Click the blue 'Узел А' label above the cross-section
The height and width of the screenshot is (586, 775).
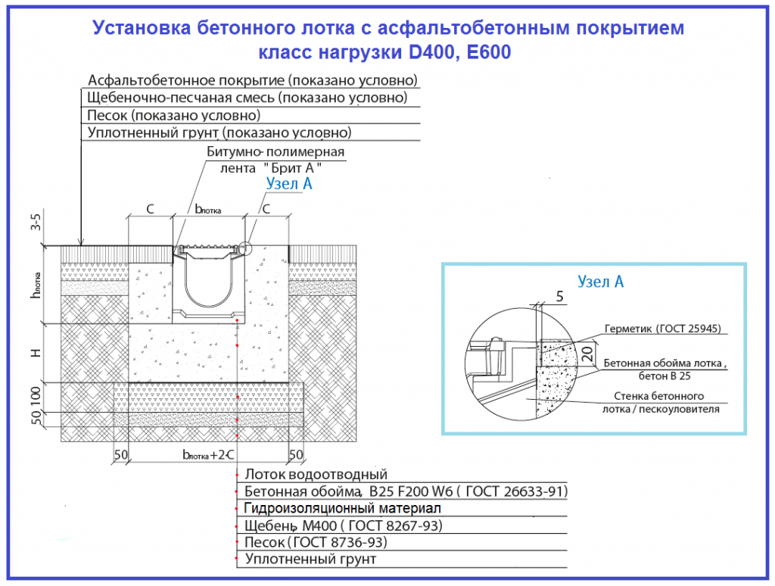coord(289,183)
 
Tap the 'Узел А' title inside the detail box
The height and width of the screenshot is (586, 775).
coord(600,282)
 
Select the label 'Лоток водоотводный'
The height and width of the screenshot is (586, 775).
coord(316,475)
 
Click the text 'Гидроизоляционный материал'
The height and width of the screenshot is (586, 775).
coord(342,508)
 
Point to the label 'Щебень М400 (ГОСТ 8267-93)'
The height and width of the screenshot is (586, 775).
coord(344,525)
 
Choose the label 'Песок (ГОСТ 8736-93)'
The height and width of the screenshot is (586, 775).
coord(316,542)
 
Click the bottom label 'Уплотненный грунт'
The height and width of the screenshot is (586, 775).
coord(310,560)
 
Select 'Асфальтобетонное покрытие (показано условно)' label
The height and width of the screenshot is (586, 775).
coord(253,80)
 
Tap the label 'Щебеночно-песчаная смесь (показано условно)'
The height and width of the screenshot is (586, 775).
coord(247,98)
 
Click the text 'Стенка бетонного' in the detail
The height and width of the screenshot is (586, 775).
coord(658,396)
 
